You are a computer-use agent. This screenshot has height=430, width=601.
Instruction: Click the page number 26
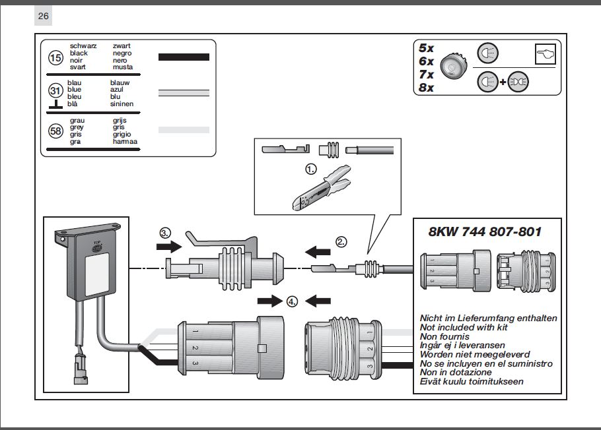[44, 16]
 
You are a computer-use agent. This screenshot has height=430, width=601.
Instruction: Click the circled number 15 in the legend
[56, 58]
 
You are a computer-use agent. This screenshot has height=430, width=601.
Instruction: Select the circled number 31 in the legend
[56, 91]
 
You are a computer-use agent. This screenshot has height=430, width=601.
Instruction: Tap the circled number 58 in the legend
[56, 131]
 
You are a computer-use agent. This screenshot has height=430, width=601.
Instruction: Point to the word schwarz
[83, 46]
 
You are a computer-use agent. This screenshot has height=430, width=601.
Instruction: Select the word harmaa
[125, 142]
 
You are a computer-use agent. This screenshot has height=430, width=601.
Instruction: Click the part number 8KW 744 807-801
[485, 231]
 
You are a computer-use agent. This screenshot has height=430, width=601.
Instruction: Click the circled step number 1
[310, 169]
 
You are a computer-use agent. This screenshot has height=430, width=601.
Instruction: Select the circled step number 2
[341, 242]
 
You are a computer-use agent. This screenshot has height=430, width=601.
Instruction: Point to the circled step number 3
[165, 233]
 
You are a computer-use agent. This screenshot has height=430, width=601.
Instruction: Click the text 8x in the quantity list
[426, 87]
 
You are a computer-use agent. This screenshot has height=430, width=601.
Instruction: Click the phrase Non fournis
[446, 336]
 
